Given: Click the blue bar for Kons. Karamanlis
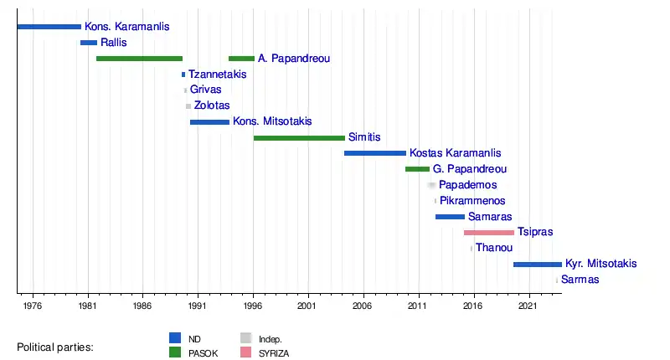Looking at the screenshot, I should [49, 27].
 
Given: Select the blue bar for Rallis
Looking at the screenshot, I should [89, 43].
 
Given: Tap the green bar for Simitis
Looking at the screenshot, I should [299, 137].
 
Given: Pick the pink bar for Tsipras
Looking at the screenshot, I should [489, 232].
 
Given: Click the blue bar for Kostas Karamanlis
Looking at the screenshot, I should [375, 153].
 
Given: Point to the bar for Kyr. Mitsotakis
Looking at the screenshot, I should [538, 264].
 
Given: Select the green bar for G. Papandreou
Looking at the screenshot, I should [417, 169].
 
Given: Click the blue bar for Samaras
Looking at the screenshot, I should [450, 217].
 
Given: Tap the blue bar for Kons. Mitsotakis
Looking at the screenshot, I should [209, 122].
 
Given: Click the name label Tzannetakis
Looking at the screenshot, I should [217, 75].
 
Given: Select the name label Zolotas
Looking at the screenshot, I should [212, 106].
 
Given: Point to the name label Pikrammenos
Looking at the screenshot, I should [472, 201].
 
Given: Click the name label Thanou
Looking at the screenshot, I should [494, 248].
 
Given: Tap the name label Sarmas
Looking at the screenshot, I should [580, 280].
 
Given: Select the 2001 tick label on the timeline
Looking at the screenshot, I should [308, 306].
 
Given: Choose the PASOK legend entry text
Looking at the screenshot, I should [204, 353].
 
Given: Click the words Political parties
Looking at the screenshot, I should [55, 347].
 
